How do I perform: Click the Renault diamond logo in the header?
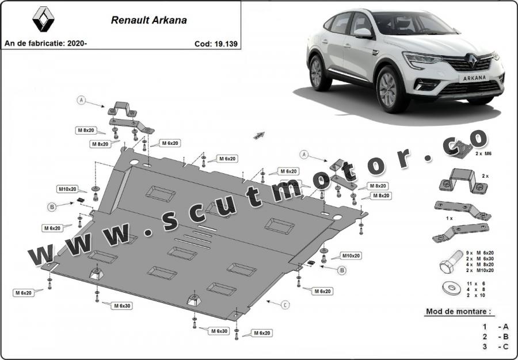point(43,20)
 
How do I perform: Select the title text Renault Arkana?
point(148,20)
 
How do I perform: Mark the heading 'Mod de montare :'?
point(459,312)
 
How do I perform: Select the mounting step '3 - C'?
point(495,347)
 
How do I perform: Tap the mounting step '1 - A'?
point(495,326)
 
